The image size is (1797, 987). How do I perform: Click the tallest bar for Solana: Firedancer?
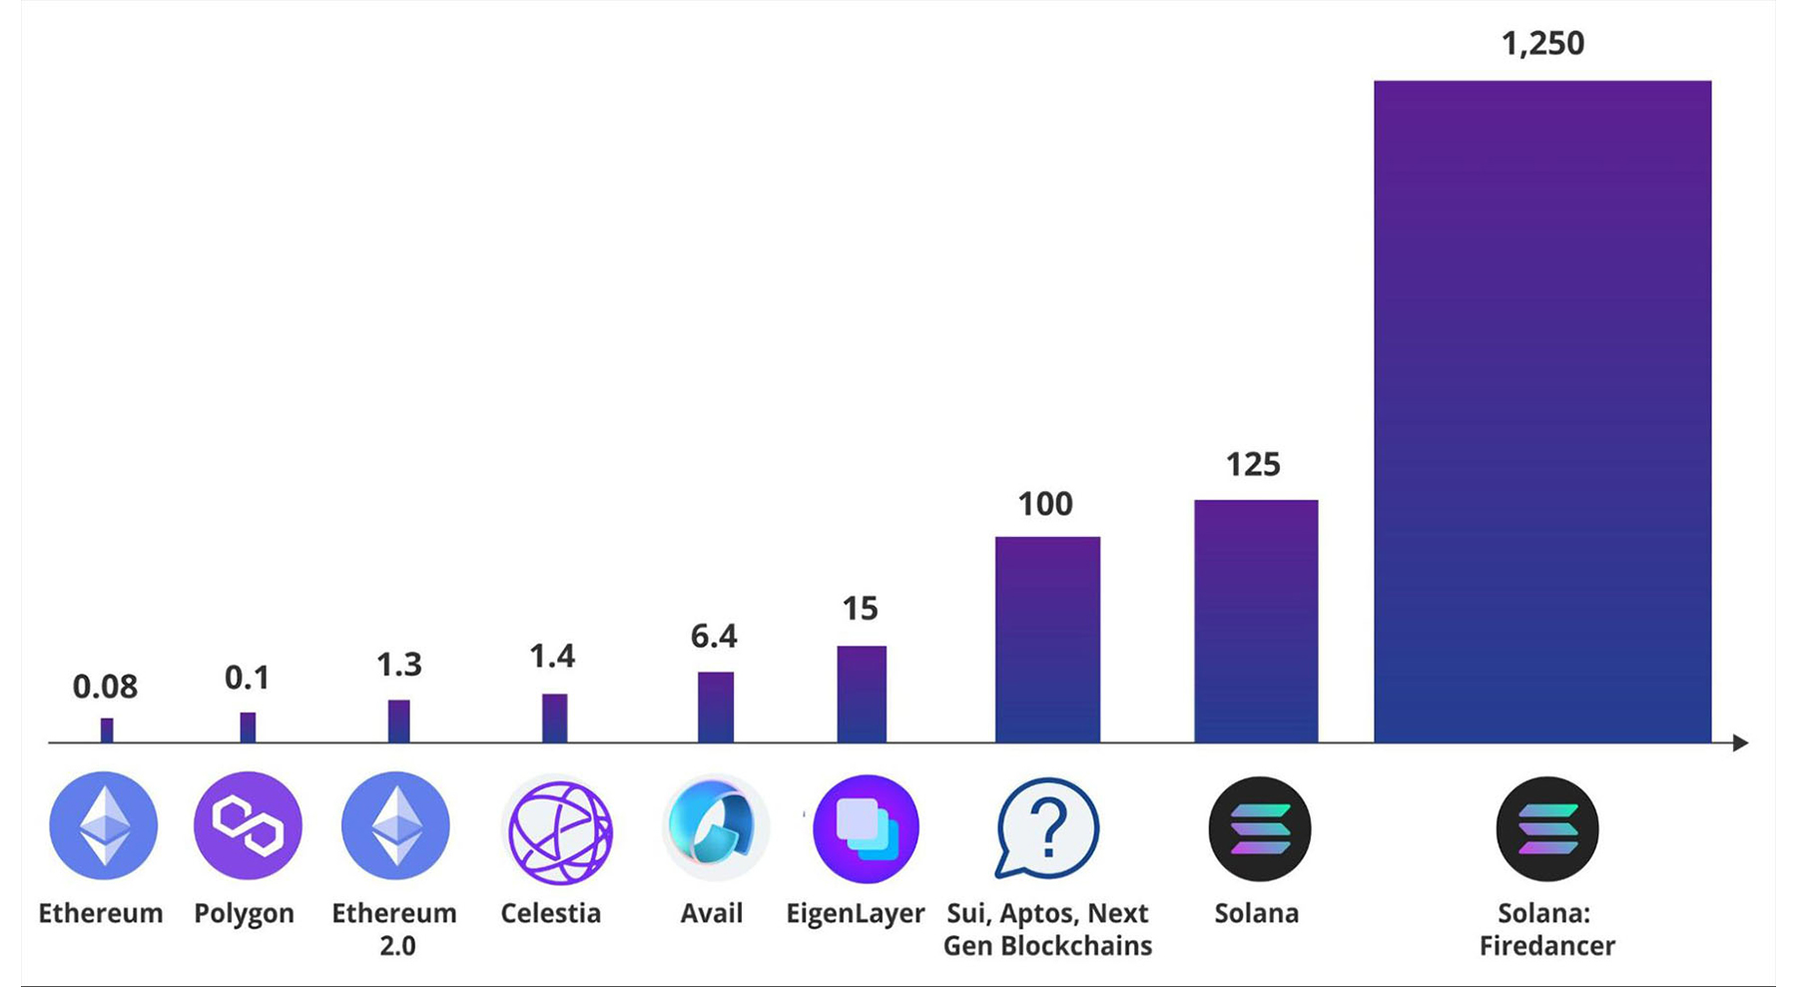pyautogui.click(x=1542, y=411)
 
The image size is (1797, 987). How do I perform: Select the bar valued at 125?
pyautogui.click(x=1256, y=621)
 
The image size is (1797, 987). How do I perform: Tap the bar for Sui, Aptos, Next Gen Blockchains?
pyautogui.click(x=1047, y=640)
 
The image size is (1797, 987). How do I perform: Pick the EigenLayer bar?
pyautogui.click(x=862, y=694)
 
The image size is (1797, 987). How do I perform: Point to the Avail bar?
pyautogui.click(x=715, y=707)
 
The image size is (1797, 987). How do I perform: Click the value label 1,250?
pyautogui.click(x=1542, y=44)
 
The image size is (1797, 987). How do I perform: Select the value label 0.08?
pyautogui.click(x=105, y=687)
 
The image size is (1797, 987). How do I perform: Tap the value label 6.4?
pyautogui.click(x=714, y=636)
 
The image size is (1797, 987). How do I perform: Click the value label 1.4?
pyautogui.click(x=552, y=657)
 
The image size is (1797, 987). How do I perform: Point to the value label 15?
pyautogui.click(x=860, y=609)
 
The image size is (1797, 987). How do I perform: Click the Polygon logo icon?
pyautogui.click(x=248, y=825)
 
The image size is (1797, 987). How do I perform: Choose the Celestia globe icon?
pyautogui.click(x=558, y=831)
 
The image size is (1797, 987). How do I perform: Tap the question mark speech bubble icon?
pyautogui.click(x=1047, y=828)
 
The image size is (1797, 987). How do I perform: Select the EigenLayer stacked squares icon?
pyautogui.click(x=866, y=828)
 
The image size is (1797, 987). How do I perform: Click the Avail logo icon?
pyautogui.click(x=713, y=827)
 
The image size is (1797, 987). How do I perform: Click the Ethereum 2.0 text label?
pyautogui.click(x=394, y=929)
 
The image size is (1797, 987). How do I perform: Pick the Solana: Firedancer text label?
pyautogui.click(x=1545, y=929)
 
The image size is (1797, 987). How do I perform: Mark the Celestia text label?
pyautogui.click(x=550, y=913)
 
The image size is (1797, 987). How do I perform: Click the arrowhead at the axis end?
pyautogui.click(x=1740, y=742)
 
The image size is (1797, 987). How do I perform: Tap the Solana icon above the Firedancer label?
pyautogui.click(x=1546, y=829)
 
